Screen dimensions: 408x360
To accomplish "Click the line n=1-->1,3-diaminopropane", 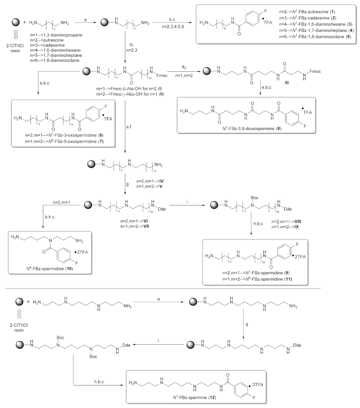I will click(x=55, y=35).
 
